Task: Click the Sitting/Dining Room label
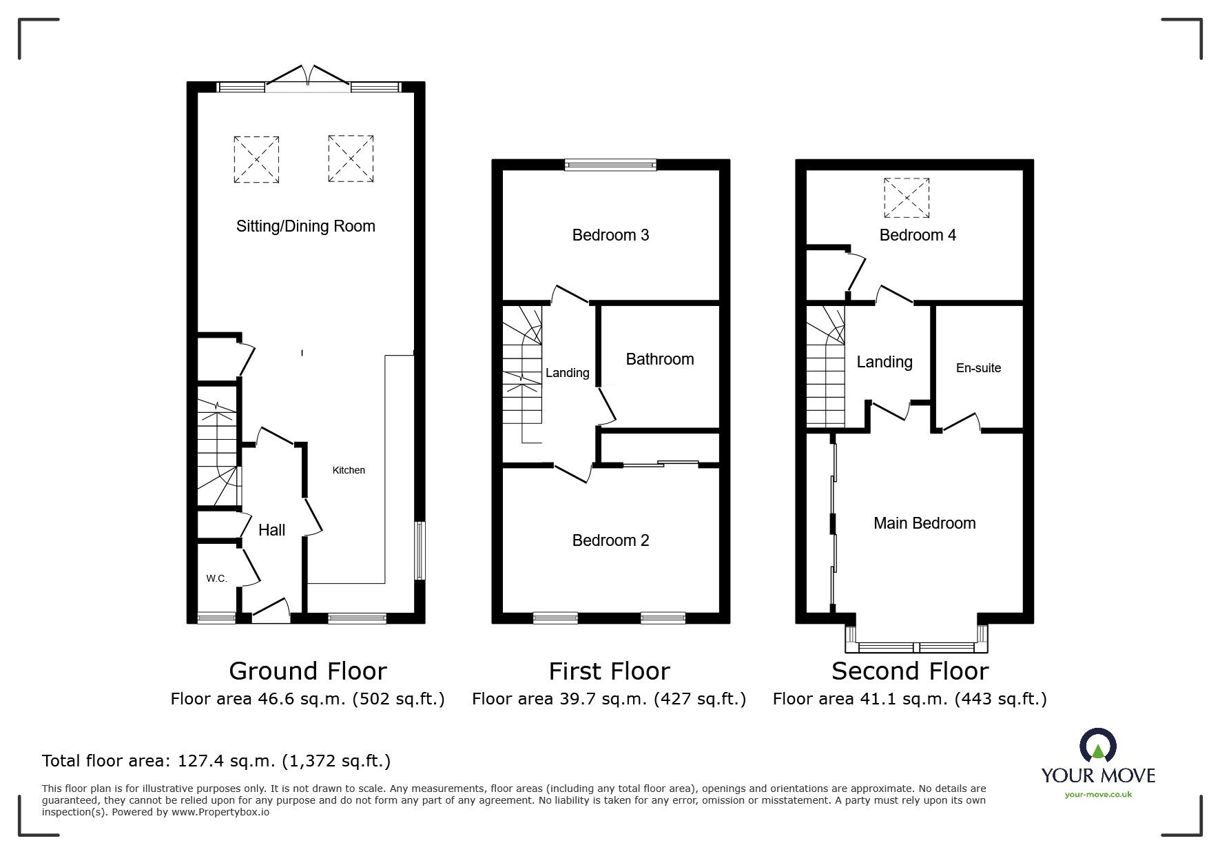coord(305,226)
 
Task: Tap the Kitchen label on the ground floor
coord(349,470)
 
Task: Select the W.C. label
coord(216,579)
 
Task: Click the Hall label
coord(271,530)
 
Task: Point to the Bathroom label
coord(659,359)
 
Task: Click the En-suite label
coord(978,368)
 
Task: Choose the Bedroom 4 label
coord(918,235)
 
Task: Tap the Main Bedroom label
coord(924,523)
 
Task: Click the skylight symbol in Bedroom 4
coord(907,198)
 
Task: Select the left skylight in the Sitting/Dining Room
coord(256,159)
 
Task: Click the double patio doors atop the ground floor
coord(308,77)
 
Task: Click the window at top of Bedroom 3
coord(610,164)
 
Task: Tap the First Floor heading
coord(609,671)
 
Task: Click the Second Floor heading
coord(909,671)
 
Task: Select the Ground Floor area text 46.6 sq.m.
coord(307,699)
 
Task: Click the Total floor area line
coord(216,761)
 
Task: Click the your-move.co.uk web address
coord(1098,795)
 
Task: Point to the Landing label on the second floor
coord(885,362)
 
